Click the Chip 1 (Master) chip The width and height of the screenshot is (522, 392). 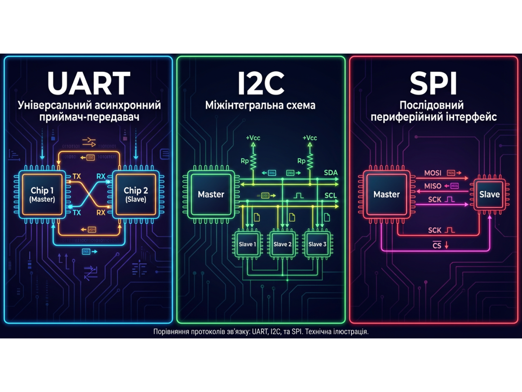pos(43,195)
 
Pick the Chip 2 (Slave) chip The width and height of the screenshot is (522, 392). pos(136,195)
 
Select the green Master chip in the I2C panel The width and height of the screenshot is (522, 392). pos(211,194)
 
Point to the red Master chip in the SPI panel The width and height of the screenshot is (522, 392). pos(386,194)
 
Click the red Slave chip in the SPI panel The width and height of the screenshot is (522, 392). pos(489,194)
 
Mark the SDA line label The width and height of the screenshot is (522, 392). pos(331,173)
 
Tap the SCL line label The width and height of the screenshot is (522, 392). pos(331,196)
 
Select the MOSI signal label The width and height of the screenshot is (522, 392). pos(433,173)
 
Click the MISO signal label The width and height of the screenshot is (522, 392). pos(433,186)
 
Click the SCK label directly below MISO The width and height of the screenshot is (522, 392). pos(435,199)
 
